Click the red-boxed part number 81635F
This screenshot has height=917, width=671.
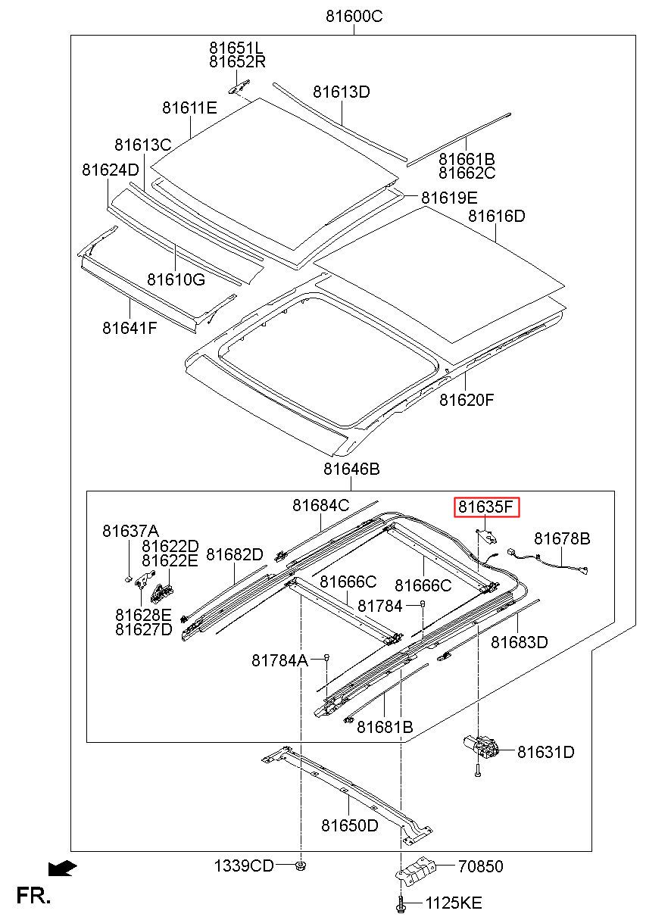[x=485, y=507]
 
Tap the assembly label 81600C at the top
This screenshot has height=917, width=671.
[x=354, y=17]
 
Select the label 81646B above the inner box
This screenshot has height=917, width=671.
[x=351, y=469]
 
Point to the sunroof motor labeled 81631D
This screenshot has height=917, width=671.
[x=481, y=747]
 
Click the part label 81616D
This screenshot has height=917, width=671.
[x=496, y=216]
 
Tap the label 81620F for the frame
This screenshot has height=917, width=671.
[x=467, y=400]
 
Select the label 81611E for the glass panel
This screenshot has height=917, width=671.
[x=189, y=108]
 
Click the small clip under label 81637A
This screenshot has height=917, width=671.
[x=128, y=579]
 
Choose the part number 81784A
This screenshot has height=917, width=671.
[x=279, y=660]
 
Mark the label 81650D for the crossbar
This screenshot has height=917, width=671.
[x=350, y=825]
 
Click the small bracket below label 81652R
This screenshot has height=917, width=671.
[x=239, y=86]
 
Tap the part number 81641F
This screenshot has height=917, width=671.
[x=130, y=328]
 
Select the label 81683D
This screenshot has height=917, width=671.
[x=519, y=642]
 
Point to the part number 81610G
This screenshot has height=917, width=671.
[x=176, y=279]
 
